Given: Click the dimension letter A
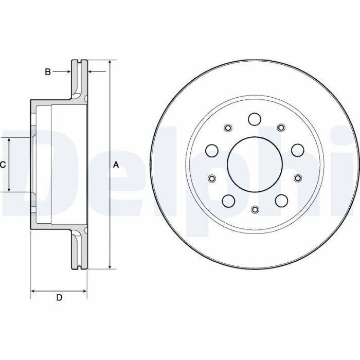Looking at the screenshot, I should point(116,165).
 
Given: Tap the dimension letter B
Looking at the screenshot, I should point(47,72).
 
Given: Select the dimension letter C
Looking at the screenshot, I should point(3,165).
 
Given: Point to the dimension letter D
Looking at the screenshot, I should point(59,298).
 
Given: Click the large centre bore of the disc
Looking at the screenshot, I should point(255,165).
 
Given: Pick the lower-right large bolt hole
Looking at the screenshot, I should point(281,200).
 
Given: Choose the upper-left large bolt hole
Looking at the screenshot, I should point(211,150).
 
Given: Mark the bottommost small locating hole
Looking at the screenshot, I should point(255,209).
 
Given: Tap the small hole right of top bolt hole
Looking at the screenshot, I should point(281,128).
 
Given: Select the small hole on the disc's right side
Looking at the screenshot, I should point(297,178).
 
